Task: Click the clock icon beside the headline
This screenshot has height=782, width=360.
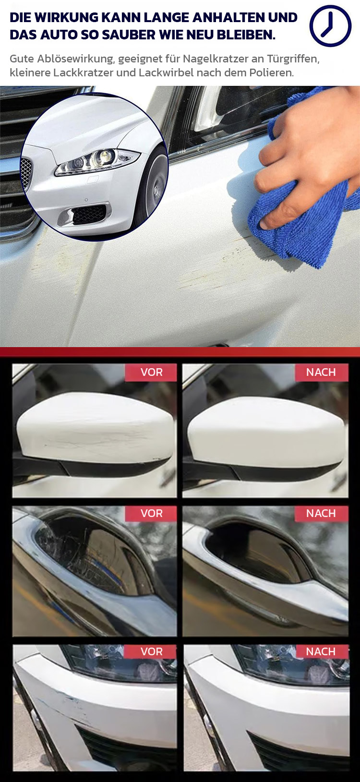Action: [330, 26]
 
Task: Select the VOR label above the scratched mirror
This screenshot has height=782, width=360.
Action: [151, 372]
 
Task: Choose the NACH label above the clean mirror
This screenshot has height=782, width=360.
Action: [321, 372]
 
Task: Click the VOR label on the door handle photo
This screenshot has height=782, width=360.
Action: [151, 513]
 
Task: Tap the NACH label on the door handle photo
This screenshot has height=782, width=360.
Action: [321, 513]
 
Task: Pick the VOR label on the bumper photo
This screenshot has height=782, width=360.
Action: [151, 651]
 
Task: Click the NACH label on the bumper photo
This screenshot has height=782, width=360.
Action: [321, 651]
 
